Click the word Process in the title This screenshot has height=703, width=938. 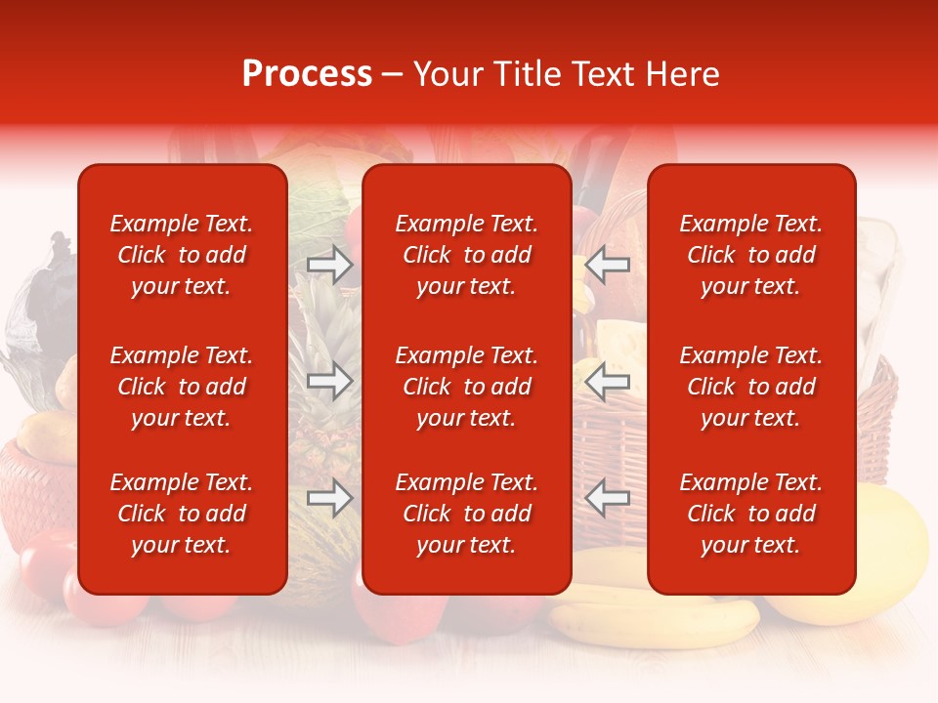307,74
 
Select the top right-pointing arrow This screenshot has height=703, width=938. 329,265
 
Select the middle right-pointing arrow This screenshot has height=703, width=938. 329,381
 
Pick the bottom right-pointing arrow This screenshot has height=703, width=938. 329,498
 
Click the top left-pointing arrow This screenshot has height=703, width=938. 608,264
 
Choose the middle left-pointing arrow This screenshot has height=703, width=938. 608,381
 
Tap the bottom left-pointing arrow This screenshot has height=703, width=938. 608,498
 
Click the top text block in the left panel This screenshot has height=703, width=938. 182,255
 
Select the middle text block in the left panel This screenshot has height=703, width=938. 182,387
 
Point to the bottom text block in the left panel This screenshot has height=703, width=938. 182,514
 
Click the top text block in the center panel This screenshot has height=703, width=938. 466,255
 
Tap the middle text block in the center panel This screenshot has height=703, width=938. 466,387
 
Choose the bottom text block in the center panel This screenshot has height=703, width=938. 466,514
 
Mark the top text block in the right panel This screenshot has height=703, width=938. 750,255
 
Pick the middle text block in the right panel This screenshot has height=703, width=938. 750,387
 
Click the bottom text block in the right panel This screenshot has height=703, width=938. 750,514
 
